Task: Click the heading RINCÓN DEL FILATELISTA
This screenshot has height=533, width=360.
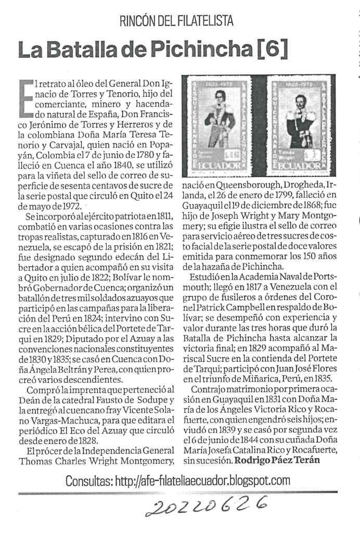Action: tap(176, 21)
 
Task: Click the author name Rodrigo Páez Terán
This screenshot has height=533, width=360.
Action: tap(284, 460)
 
